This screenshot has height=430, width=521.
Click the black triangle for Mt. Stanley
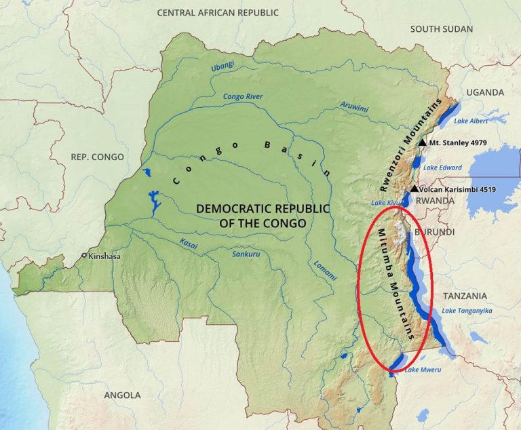click(422, 142)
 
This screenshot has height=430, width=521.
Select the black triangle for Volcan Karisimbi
click(413, 189)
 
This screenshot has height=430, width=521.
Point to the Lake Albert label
click(470, 121)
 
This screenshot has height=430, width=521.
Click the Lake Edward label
click(442, 168)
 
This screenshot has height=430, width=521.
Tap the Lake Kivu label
click(385, 203)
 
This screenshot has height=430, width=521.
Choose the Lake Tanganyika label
click(467, 311)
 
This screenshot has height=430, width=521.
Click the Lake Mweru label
click(423, 370)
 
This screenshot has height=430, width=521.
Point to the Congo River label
click(243, 96)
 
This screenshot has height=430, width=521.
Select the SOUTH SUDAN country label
click(442, 28)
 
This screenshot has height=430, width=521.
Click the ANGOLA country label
click(122, 395)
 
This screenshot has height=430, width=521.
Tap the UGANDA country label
click(485, 92)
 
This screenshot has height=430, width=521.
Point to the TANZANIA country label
click(465, 296)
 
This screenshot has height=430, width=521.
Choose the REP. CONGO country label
click(97, 157)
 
